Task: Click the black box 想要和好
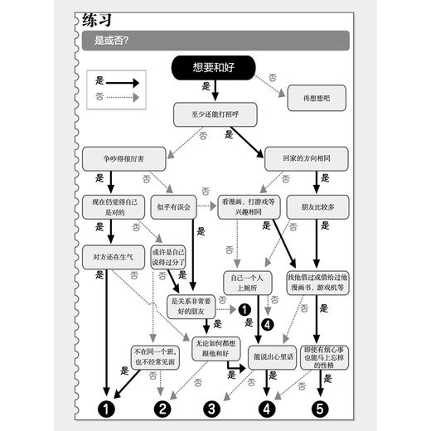pyautogui.click(x=213, y=69)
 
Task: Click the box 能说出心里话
pyautogui.click(x=264, y=357)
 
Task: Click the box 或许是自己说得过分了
pyautogui.click(x=169, y=257)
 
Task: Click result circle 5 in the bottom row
pyautogui.click(x=320, y=408)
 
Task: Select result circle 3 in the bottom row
pyautogui.click(x=212, y=408)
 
